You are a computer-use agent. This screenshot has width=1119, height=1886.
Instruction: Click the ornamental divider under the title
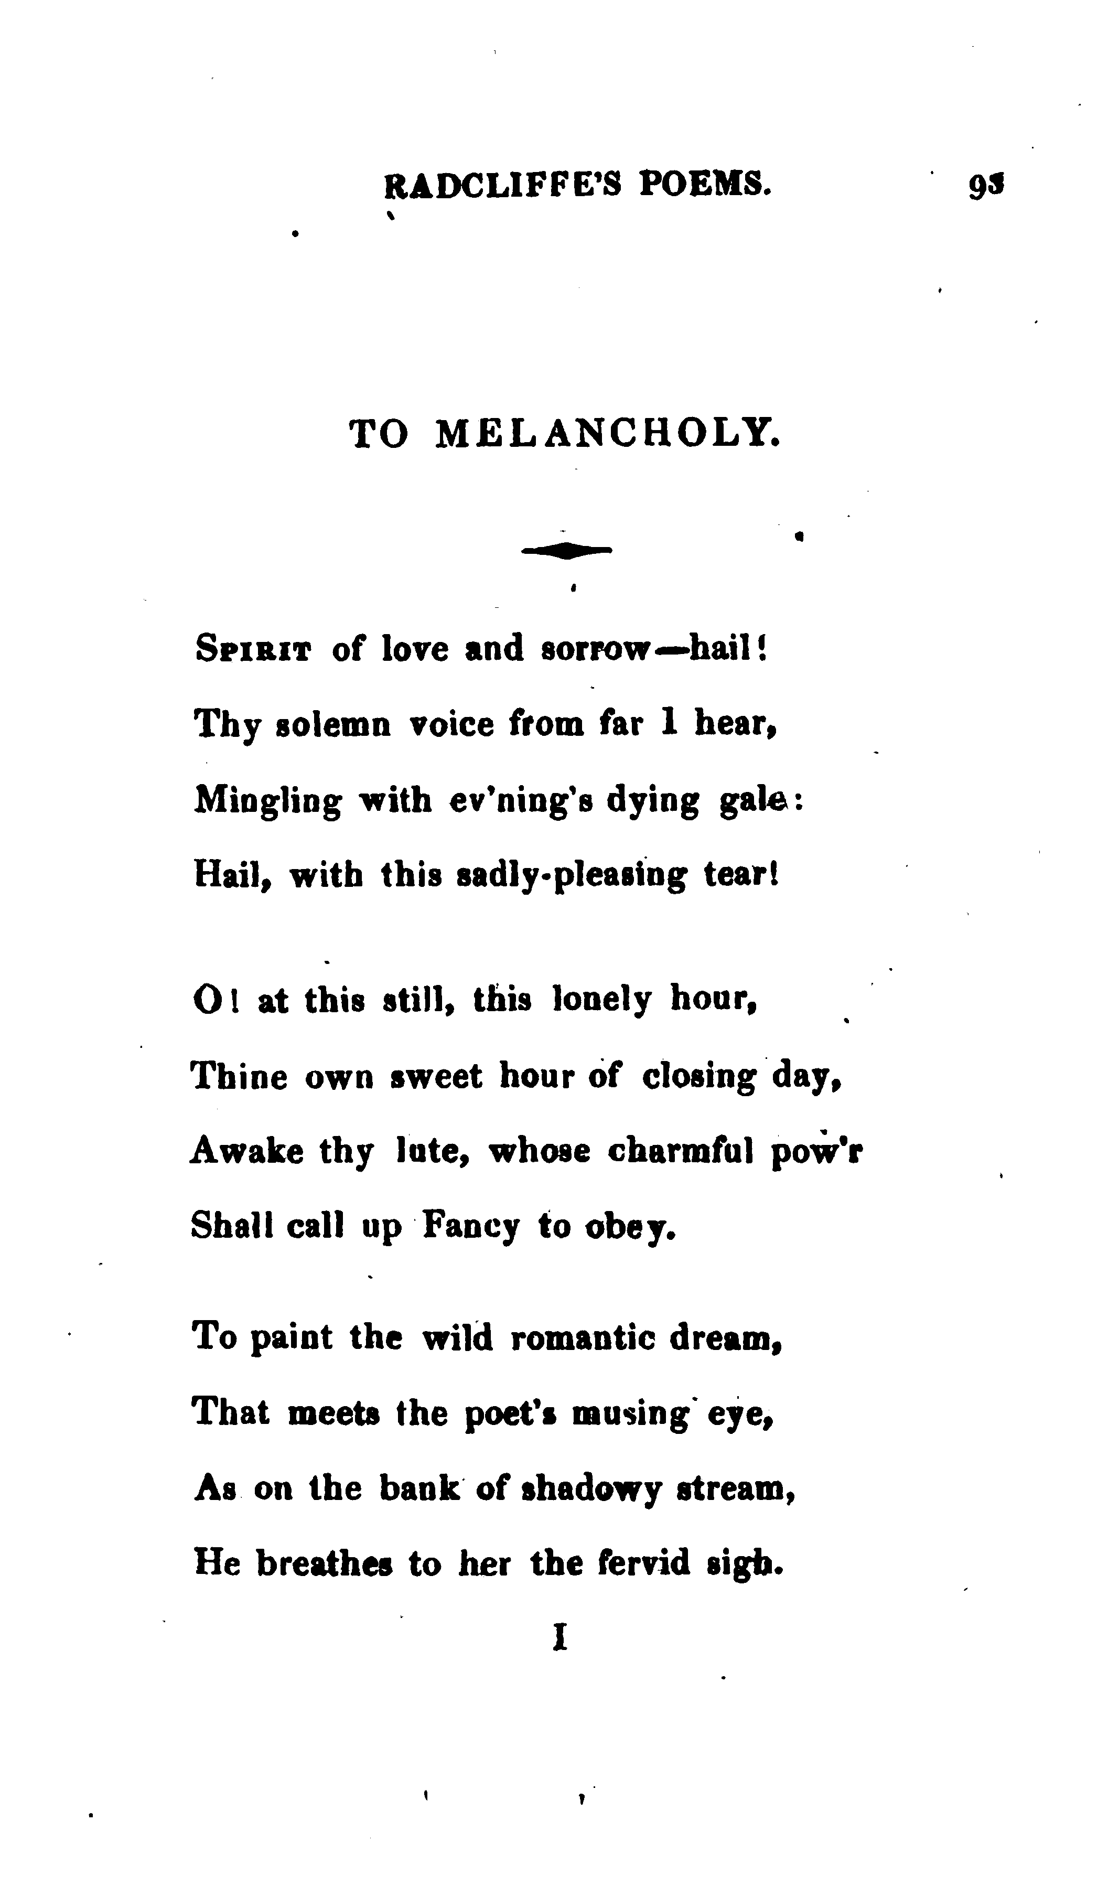click(x=566, y=551)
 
